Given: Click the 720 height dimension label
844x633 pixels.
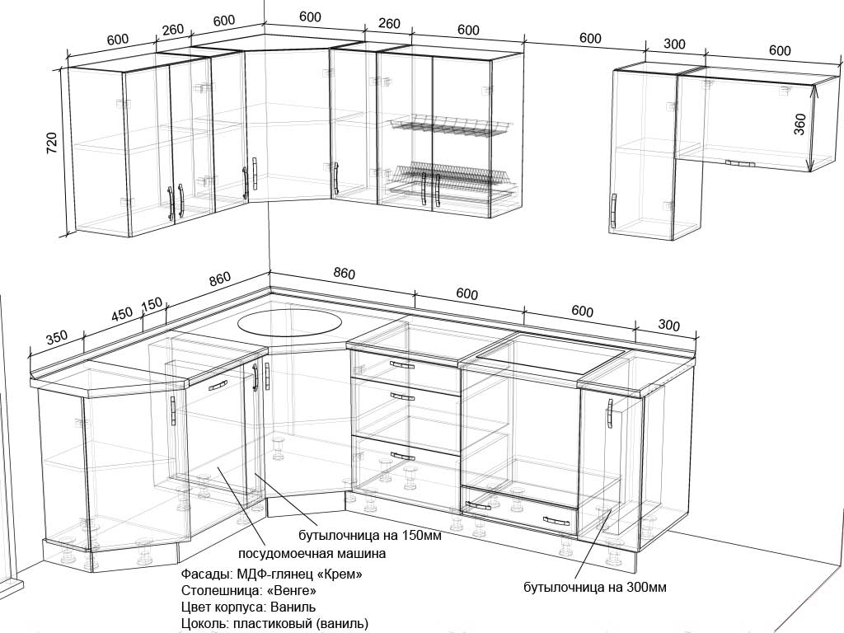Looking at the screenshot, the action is [x=52, y=143].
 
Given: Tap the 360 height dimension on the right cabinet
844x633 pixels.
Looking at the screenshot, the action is [x=800, y=124].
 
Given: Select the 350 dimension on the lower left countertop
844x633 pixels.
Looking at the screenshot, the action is [x=57, y=338].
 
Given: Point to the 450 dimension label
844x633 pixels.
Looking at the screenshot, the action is [x=122, y=314].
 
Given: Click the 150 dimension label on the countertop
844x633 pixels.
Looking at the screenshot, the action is [x=152, y=305].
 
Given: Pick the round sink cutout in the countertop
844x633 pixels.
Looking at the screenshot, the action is [x=289, y=323].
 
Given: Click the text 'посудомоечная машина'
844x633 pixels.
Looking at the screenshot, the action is [x=312, y=553].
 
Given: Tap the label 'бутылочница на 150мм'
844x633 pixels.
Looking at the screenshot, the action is [x=370, y=536].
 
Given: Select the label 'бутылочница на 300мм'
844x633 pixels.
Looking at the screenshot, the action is [x=595, y=587].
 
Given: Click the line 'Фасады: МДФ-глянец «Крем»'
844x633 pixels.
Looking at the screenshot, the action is [x=272, y=574].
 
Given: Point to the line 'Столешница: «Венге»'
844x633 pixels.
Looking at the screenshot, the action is [x=249, y=590].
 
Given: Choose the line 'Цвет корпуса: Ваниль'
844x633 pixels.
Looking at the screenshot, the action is [x=249, y=607].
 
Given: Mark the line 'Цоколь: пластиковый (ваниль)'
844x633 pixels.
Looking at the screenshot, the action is [x=275, y=624].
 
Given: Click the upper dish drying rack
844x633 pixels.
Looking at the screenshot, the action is [x=450, y=126].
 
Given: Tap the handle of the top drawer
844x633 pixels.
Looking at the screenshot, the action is [x=402, y=365].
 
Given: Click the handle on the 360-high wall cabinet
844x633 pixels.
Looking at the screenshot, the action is [x=739, y=163].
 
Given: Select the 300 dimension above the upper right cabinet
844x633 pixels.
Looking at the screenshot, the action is [x=674, y=45].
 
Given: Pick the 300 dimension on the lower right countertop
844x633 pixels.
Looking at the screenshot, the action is [x=668, y=325].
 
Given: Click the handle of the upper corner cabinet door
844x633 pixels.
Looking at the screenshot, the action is [x=254, y=174].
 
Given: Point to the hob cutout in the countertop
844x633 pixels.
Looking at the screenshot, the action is [x=549, y=354].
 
